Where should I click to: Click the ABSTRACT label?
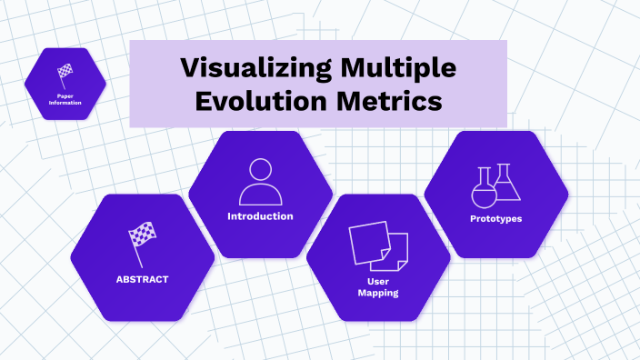(x=142, y=279)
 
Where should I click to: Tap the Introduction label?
(x=260, y=216)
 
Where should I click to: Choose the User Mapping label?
(x=378, y=287)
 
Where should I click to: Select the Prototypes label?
(x=495, y=219)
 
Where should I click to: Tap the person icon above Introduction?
(x=260, y=182)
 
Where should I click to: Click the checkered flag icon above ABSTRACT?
(x=141, y=241)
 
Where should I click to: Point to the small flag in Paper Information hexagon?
(x=65, y=72)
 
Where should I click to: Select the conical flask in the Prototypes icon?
(x=507, y=185)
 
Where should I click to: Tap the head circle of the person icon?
(x=260, y=169)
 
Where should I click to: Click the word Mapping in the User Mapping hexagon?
(x=378, y=293)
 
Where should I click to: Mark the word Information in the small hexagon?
(x=65, y=103)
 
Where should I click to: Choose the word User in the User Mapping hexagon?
(x=378, y=281)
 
